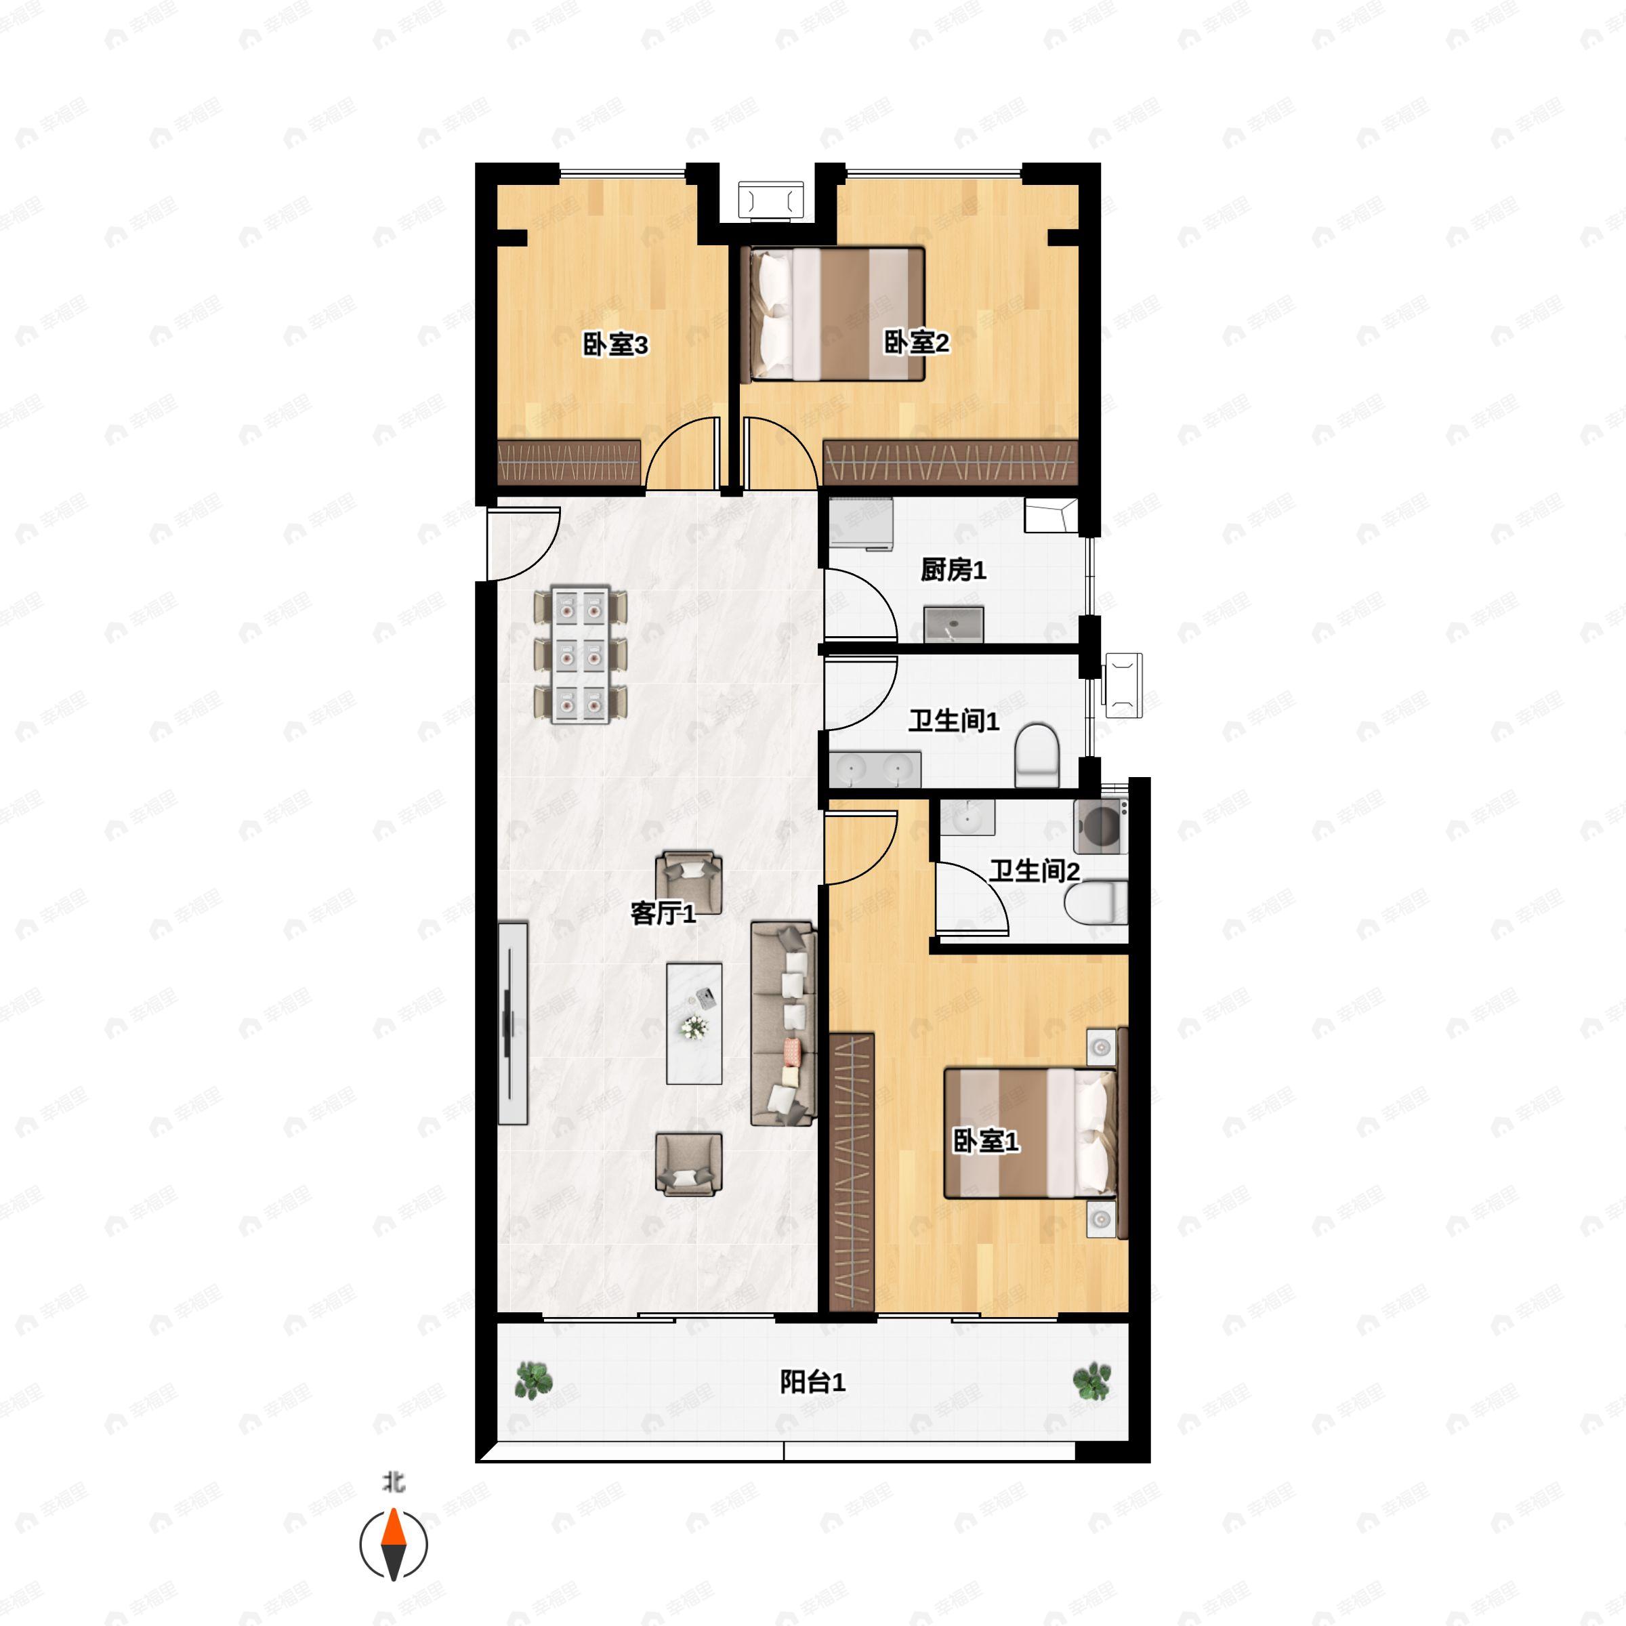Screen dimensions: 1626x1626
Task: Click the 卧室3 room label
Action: (615, 344)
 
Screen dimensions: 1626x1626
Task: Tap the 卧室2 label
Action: (916, 343)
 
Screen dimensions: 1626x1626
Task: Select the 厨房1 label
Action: (953, 570)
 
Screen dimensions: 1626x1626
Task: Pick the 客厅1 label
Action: (663, 913)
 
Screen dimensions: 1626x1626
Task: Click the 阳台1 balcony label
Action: (812, 1382)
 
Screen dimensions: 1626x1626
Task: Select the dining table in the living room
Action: (581, 654)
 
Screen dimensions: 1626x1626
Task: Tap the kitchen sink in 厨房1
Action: (953, 623)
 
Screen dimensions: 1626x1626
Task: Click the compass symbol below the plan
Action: (394, 1545)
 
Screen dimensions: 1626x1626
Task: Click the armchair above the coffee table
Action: (689, 881)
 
